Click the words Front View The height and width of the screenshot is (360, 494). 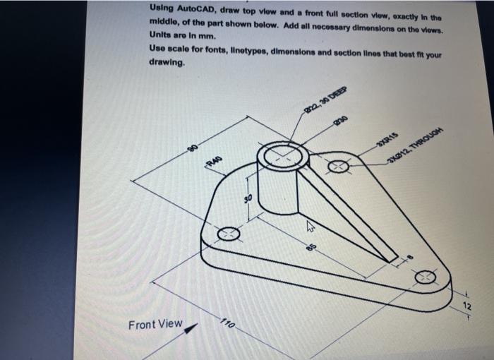[155, 324]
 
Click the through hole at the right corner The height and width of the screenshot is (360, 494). [426, 277]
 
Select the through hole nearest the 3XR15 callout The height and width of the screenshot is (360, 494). [337, 167]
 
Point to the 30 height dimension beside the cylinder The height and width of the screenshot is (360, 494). [247, 200]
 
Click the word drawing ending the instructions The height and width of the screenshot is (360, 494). [167, 62]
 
